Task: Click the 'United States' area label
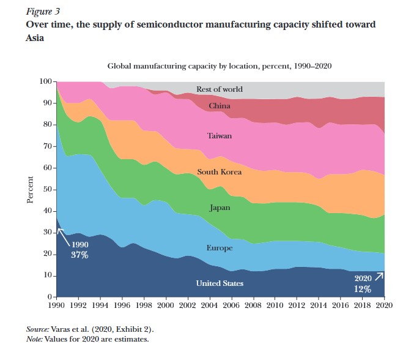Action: pyautogui.click(x=220, y=283)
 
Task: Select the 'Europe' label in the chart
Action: pyautogui.click(x=220, y=249)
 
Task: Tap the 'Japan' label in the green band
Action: pyautogui.click(x=220, y=208)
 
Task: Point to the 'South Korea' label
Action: pyautogui.click(x=220, y=172)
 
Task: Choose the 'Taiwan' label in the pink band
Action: pyautogui.click(x=220, y=136)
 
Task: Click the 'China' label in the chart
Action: pyautogui.click(x=220, y=107)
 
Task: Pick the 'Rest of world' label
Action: pyautogui.click(x=220, y=89)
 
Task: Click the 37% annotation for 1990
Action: pyautogui.click(x=80, y=255)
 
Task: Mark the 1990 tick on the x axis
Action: pyautogui.click(x=57, y=304)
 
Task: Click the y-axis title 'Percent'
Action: pyautogui.click(x=30, y=189)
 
